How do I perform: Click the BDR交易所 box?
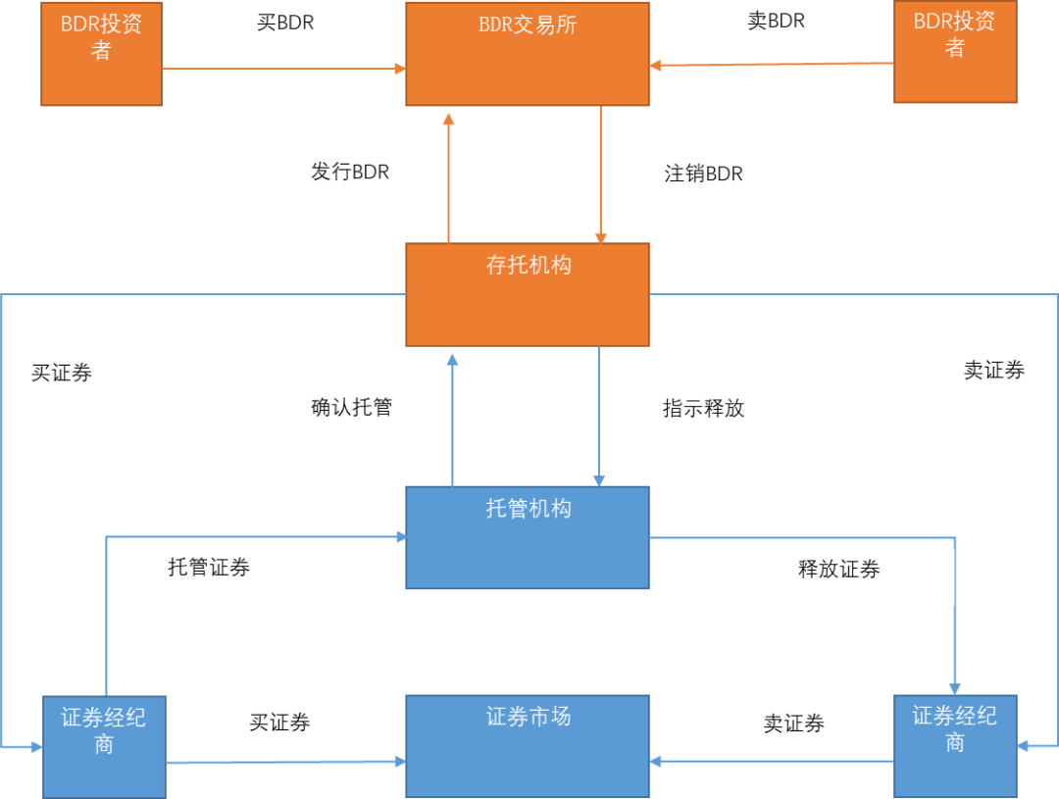click(528, 54)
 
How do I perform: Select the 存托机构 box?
click(528, 294)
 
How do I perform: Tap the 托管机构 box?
click(528, 537)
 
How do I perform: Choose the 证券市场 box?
click(528, 745)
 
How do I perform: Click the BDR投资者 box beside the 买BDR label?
click(101, 54)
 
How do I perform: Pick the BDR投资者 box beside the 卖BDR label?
click(955, 52)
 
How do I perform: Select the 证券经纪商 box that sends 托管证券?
click(104, 746)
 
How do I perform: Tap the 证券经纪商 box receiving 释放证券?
click(955, 745)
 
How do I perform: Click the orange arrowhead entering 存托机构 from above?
click(600, 237)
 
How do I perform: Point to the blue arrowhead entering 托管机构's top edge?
click(599, 479)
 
